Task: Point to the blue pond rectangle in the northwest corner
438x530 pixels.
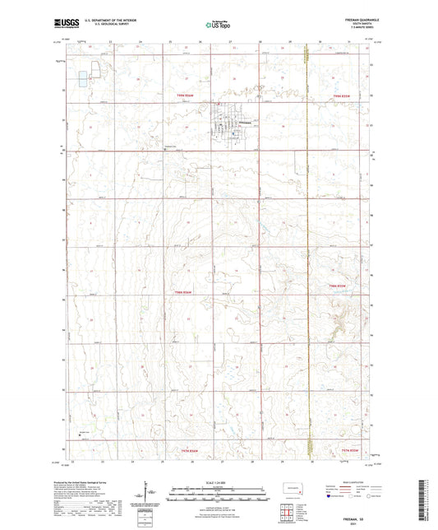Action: click(x=82, y=79)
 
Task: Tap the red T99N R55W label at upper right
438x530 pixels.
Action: click(x=348, y=96)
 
